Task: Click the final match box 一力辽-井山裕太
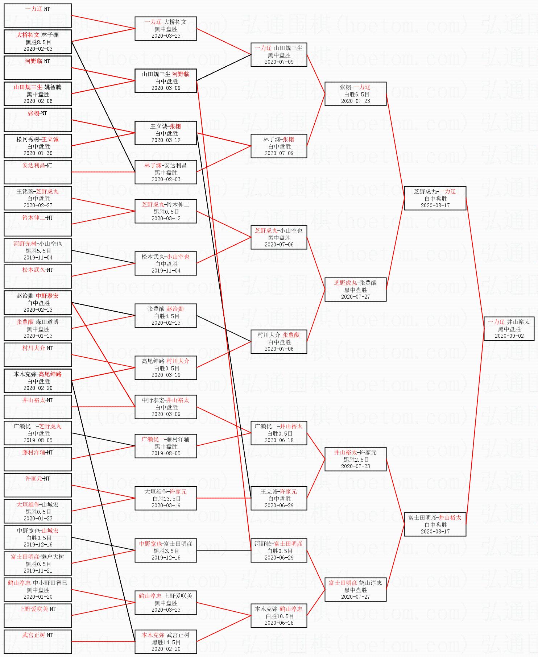(x=509, y=329)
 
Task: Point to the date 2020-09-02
(x=509, y=336)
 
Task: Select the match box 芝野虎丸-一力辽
(x=435, y=198)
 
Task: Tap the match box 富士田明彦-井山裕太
(x=435, y=524)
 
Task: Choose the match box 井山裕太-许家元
(x=355, y=459)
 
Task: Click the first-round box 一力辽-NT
(x=38, y=16)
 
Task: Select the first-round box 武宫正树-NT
(x=38, y=642)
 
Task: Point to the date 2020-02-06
(x=38, y=101)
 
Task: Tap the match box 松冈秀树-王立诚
(x=38, y=146)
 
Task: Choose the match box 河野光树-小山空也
(x=38, y=250)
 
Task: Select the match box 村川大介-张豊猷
(x=279, y=342)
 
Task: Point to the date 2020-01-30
(x=38, y=153)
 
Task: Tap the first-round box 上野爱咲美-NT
(x=38, y=616)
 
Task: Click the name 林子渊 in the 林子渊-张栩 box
(x=271, y=140)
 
